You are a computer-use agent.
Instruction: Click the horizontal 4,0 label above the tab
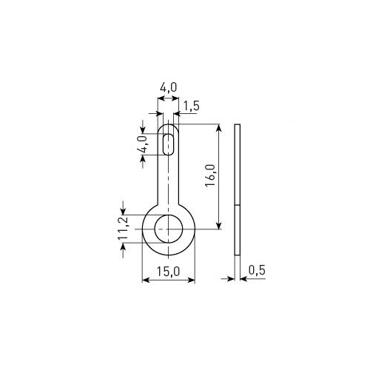[169, 87]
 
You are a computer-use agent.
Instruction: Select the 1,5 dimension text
[191, 106]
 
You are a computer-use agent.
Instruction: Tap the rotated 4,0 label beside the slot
[143, 144]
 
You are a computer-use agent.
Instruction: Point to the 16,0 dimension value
[210, 175]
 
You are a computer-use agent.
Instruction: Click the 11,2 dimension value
[123, 229]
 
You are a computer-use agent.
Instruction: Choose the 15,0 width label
[169, 272]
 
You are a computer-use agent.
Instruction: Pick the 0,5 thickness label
[257, 270]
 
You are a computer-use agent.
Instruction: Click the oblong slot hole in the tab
[169, 144]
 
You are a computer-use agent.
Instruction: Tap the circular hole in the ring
[169, 229]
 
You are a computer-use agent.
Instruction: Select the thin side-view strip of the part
[237, 189]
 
